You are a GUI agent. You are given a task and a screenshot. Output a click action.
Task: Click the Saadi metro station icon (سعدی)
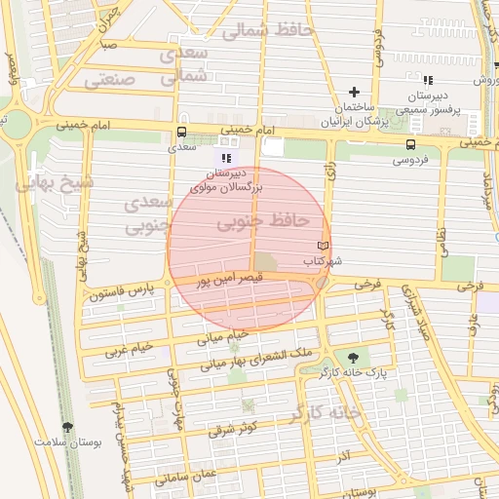pos(182,134)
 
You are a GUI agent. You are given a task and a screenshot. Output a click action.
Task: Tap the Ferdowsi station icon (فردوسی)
pos(408,145)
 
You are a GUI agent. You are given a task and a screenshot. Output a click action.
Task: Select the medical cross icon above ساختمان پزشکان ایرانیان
pos(354,91)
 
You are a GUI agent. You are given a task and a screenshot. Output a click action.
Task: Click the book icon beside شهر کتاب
pos(325,246)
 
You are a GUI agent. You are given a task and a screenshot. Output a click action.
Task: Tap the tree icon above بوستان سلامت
pos(67,427)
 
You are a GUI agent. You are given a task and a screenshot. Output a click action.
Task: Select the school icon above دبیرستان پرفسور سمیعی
pos(427,80)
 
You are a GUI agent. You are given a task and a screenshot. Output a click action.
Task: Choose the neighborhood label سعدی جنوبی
pos(148,215)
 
